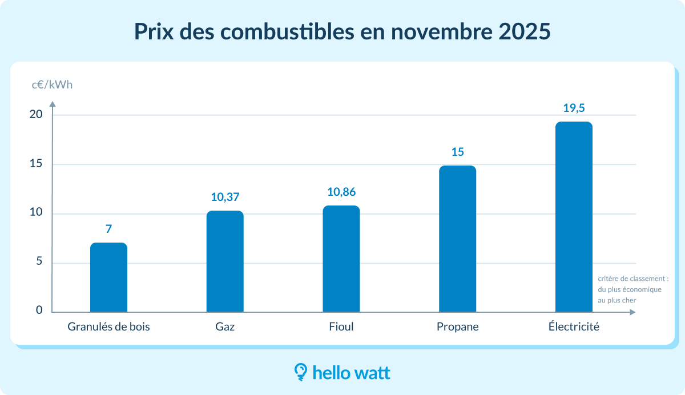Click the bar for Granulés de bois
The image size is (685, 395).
[108, 278]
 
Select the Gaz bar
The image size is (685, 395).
[225, 261]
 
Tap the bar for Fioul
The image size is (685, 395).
[341, 259]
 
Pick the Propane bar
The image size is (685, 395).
[457, 239]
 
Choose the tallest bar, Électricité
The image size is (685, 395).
[574, 217]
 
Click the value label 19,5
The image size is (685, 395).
[574, 108]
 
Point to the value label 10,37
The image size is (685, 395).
[225, 197]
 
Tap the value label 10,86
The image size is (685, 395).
[341, 192]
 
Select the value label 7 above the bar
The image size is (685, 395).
[108, 229]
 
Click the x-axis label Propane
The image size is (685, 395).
[457, 327]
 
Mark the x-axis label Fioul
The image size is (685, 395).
[341, 327]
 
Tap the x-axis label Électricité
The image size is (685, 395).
[574, 327]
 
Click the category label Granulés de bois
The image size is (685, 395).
[108, 327]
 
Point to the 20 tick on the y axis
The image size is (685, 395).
[36, 114]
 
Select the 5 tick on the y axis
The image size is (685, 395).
[39, 263]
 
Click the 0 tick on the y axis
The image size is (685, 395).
[39, 311]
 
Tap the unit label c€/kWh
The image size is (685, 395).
[52, 85]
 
